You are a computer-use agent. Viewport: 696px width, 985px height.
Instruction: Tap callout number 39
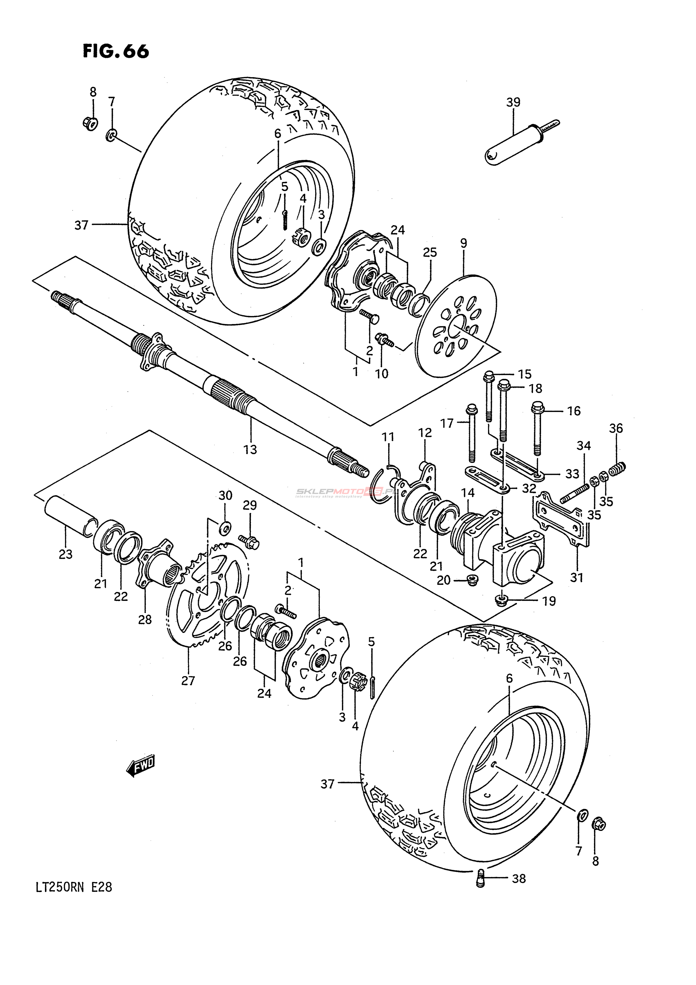[513, 102]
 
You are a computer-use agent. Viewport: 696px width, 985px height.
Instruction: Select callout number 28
[145, 619]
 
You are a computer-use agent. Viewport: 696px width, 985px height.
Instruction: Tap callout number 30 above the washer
[225, 496]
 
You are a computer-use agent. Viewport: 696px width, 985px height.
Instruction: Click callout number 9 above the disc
[464, 243]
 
